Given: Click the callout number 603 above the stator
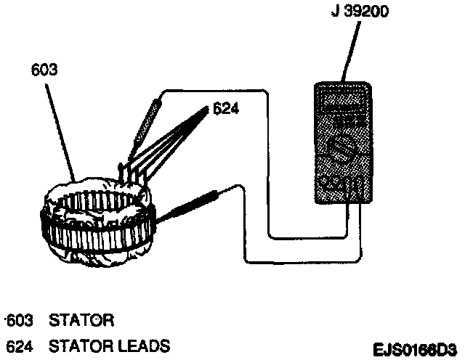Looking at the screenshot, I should pos(45,71).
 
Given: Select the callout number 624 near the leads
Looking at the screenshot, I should pos(225,110).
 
